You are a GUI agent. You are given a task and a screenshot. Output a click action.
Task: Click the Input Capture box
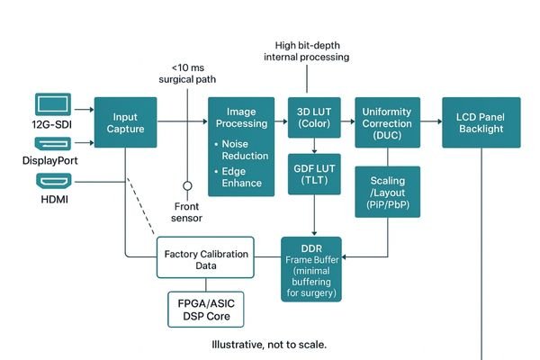(125, 122)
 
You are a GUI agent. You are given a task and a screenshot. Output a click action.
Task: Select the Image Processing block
(240, 146)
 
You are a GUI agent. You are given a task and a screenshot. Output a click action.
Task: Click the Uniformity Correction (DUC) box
(386, 122)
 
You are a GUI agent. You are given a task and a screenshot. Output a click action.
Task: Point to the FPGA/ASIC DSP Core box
(206, 309)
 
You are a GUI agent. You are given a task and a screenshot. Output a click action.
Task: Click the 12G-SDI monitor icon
(51, 106)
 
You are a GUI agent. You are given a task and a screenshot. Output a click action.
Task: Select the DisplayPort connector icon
(51, 143)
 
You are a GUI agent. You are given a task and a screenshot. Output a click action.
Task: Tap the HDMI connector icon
(51, 181)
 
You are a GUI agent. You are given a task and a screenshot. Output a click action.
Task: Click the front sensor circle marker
(188, 186)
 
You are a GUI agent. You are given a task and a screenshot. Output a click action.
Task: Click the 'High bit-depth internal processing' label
(306, 50)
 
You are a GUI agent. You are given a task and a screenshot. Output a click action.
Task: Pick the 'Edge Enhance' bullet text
(243, 176)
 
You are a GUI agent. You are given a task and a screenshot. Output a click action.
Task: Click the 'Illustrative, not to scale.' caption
(269, 345)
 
